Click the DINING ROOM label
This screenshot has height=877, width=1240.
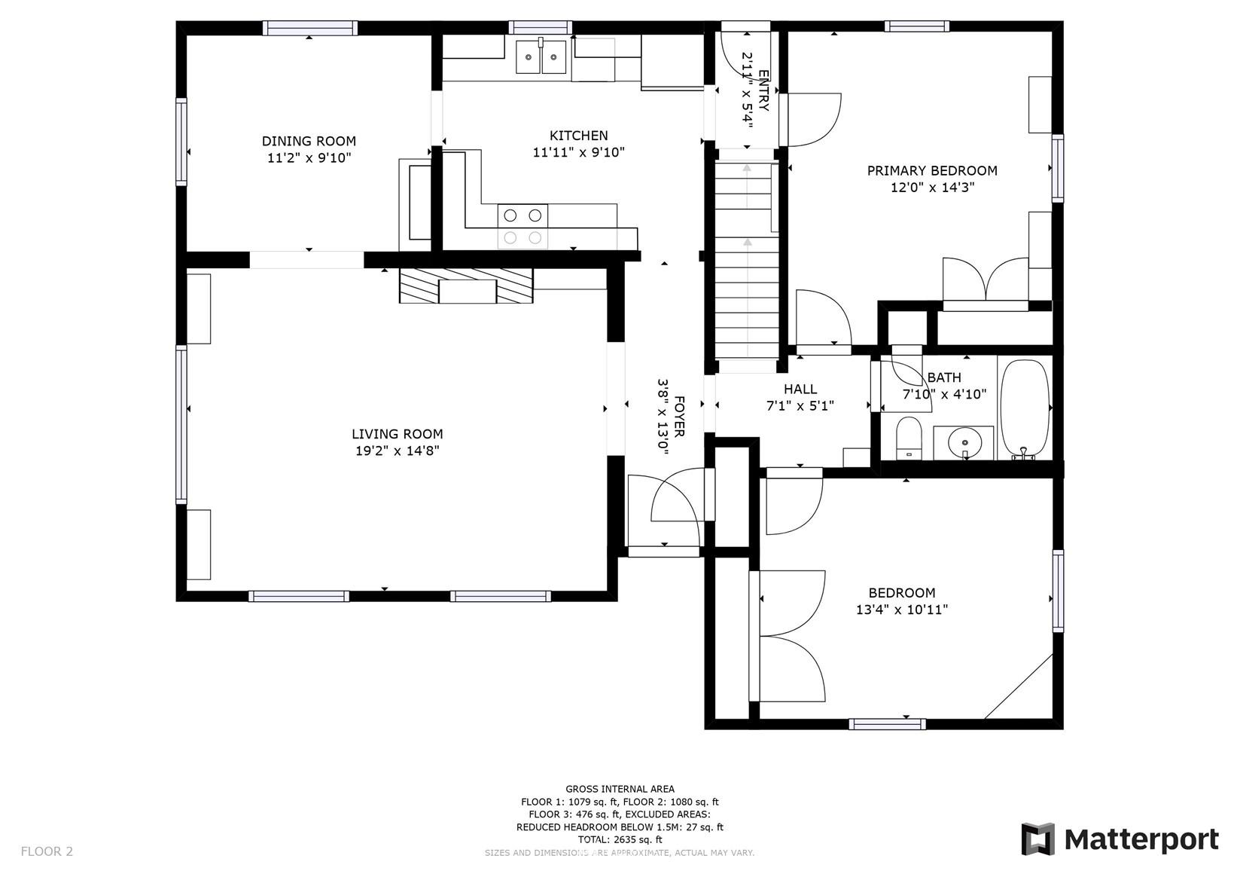309,142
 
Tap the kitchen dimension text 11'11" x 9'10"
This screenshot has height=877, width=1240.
578,152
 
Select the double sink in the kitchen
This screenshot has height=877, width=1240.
541,57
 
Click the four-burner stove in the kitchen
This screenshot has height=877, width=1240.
523,227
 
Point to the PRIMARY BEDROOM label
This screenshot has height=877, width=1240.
932,170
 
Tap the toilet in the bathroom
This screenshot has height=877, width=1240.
909,438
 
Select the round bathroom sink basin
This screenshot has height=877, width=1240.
965,443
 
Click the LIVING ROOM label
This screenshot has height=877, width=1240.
398,434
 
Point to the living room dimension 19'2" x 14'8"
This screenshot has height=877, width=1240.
398,451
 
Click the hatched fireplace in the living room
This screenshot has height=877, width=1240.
466,286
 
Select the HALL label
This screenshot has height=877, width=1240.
800,389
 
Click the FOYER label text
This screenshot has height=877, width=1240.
679,416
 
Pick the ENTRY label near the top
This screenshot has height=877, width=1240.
763,91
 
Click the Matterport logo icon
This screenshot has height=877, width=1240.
1038,839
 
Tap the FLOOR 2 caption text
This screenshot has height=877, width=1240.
47,851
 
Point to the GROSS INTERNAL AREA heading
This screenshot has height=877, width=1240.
620,789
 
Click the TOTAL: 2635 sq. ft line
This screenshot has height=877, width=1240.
620,840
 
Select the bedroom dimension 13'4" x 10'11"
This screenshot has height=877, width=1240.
902,610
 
